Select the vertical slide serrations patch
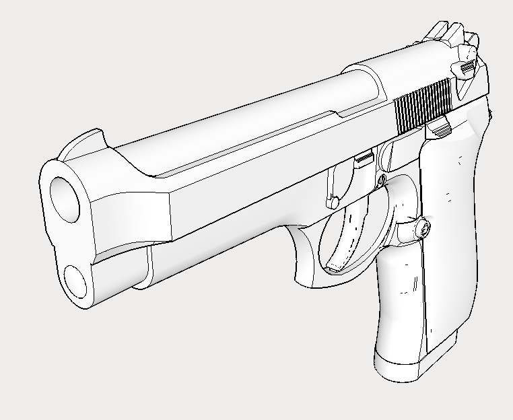423,104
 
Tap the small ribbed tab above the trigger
364,158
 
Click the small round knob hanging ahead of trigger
333,201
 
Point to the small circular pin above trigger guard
382,180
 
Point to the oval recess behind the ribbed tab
386,156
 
